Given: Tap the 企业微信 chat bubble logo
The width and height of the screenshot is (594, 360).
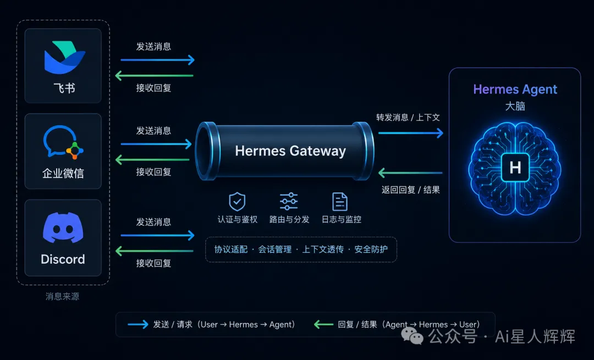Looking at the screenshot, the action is (63, 142).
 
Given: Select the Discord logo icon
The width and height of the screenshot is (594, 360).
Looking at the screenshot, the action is (63, 227).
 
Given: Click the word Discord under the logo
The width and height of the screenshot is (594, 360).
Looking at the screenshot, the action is (63, 259).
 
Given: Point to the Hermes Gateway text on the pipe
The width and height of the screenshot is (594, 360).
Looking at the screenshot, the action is (290, 151).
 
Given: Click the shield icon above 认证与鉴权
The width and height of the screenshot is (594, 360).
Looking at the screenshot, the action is (237, 202).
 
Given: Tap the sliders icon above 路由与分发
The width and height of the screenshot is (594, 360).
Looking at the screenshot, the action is (289, 201).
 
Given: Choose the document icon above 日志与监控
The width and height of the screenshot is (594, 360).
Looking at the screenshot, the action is (340, 201).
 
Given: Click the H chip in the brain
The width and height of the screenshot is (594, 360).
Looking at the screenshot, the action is (515, 167).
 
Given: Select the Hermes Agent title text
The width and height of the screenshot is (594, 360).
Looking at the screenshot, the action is (515, 90).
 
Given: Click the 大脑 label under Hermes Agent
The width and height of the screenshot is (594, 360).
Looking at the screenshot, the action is (515, 106).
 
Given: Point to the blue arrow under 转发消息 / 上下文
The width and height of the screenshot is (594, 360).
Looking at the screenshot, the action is (411, 133).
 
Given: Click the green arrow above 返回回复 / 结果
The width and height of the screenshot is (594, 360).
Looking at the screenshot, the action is (410, 173).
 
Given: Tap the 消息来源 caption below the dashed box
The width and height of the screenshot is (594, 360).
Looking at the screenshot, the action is (63, 296).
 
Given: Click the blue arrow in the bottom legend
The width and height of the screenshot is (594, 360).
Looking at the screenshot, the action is (138, 324).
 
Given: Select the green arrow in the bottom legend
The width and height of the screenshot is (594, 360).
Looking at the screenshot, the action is (323, 324).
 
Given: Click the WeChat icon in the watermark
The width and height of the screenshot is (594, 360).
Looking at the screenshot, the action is (412, 336).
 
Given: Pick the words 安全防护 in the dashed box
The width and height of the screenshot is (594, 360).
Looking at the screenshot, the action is (371, 250).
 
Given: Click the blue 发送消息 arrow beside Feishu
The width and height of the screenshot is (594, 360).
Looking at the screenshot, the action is (158, 60).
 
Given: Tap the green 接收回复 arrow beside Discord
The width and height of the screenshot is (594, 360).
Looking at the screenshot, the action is (154, 251).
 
